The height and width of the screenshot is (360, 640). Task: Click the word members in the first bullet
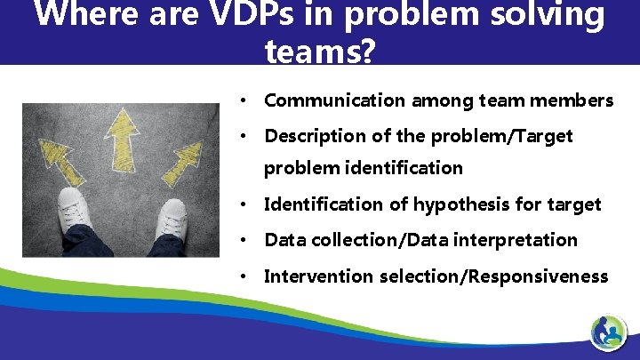[575, 100]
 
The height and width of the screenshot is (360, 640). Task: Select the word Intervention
[318, 276]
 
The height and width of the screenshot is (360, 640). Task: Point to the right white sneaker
[169, 219]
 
